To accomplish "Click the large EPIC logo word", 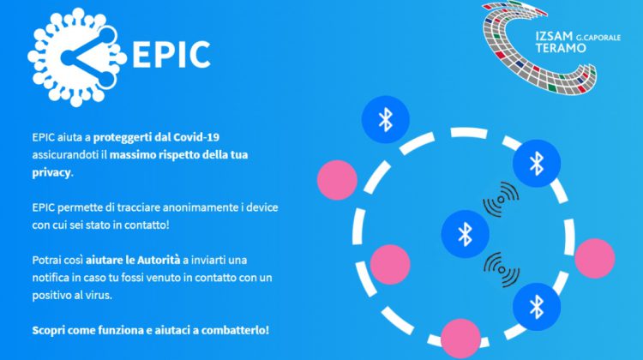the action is [171, 54].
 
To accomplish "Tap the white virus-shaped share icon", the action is [76, 57].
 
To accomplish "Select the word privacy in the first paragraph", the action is [51, 172].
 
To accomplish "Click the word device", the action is [262, 207].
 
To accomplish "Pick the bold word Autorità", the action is [159, 260].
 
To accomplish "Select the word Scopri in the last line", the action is [48, 331].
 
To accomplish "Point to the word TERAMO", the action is [561, 48].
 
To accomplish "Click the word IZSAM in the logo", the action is [554, 36].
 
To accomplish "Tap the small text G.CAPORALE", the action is [598, 38].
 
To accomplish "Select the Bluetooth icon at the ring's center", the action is [465, 234].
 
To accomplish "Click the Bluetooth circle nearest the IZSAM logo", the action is [537, 163].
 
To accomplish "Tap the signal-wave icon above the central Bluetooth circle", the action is [501, 200].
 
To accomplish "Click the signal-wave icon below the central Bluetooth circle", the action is [502, 269].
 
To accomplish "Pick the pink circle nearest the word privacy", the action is [337, 180].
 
